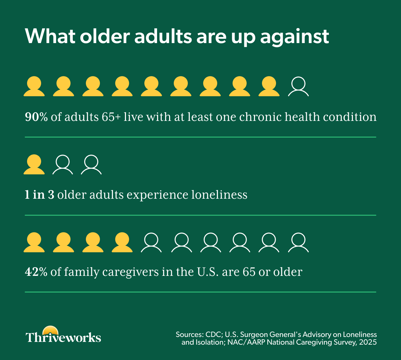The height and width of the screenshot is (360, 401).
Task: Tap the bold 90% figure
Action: point(36,117)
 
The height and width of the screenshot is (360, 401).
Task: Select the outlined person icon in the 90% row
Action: point(298,86)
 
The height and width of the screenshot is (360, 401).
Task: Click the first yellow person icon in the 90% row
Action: point(34,86)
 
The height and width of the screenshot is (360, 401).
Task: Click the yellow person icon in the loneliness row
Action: point(34,164)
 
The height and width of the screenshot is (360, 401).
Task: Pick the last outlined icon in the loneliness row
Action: point(91,165)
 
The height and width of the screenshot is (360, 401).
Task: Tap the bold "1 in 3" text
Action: point(39,194)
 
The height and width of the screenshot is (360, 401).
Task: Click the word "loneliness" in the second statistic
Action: point(219,194)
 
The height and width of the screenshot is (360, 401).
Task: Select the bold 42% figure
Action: point(36,272)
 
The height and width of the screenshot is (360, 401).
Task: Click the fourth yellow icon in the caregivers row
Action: point(122,242)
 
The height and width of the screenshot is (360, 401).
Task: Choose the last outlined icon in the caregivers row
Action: point(298,243)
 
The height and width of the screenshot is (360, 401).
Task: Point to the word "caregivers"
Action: point(130,272)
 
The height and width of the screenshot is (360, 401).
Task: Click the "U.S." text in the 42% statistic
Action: point(208,272)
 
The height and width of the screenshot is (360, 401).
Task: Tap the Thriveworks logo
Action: point(63,335)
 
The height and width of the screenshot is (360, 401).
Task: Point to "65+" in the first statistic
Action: point(111,117)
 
